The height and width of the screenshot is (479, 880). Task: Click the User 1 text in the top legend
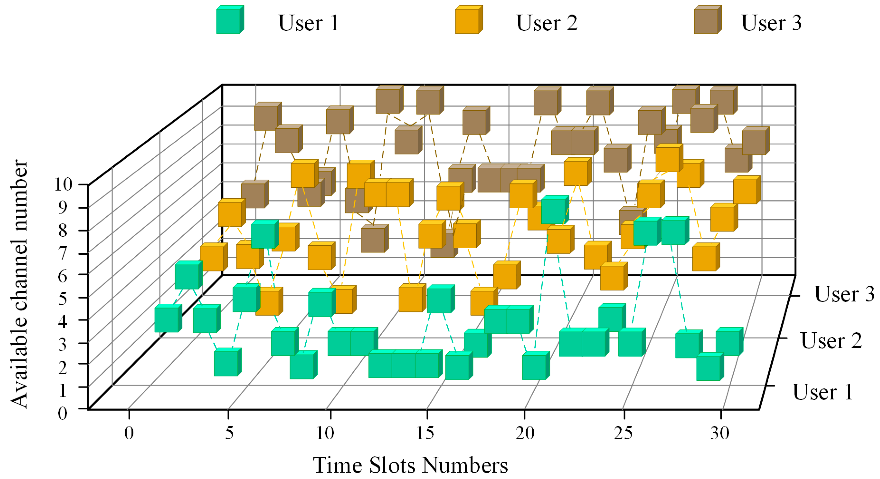(308, 23)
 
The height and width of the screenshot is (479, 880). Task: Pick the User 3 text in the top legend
(771, 23)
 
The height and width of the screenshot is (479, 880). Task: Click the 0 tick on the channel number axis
(62, 413)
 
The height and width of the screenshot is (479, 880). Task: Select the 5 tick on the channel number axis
(62, 298)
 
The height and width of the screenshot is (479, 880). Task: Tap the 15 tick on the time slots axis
(425, 433)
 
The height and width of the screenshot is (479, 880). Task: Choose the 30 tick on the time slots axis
(720, 433)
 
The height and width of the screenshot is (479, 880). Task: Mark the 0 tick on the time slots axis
(129, 433)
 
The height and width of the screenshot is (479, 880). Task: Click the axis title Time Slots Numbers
(410, 465)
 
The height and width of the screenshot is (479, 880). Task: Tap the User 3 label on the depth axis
(844, 294)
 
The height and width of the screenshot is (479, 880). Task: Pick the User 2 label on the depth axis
(831, 340)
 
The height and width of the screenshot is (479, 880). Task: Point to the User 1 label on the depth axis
(823, 392)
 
